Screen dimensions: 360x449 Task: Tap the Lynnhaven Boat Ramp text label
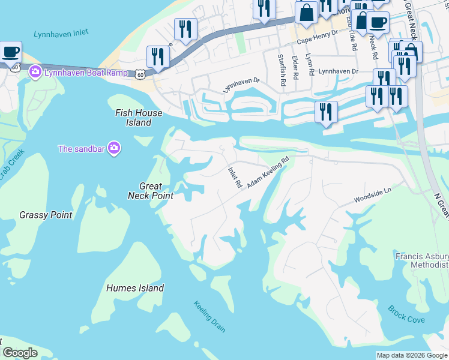(x=85, y=73)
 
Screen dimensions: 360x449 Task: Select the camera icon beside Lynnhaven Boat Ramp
(x=35, y=73)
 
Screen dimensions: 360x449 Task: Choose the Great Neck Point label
(x=151, y=191)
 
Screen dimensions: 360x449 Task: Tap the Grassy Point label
(x=46, y=215)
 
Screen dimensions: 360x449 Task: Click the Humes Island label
(x=135, y=288)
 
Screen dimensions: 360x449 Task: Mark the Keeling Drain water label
(x=209, y=316)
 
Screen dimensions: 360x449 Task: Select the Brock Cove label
(x=406, y=314)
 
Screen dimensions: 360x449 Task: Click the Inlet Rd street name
(x=234, y=177)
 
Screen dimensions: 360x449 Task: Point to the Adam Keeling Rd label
(x=268, y=172)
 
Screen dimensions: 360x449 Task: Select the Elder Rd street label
(x=295, y=68)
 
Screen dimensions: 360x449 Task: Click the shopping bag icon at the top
(x=306, y=13)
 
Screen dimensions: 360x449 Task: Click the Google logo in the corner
(x=20, y=353)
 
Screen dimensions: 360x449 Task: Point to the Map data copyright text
(x=412, y=355)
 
